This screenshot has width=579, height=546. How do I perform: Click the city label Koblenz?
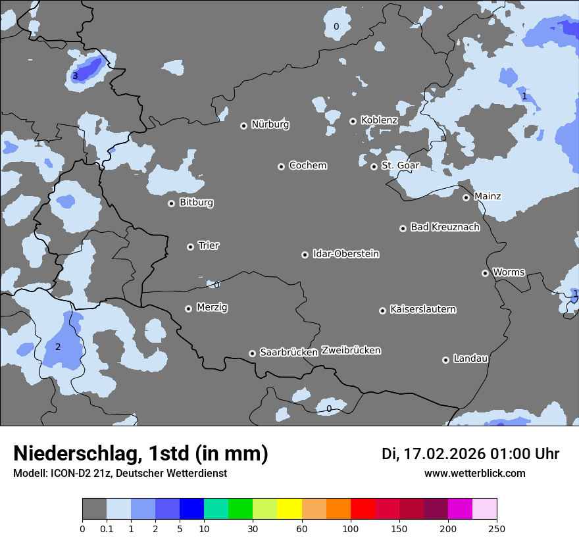pos(379,120)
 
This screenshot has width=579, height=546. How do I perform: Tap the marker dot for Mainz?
pos(466,197)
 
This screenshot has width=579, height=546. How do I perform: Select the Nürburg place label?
pos(270,124)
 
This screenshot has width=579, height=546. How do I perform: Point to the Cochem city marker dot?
pos(281,166)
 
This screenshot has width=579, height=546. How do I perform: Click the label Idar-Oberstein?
pos(345,254)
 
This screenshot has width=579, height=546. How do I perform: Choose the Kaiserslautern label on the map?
pos(422,309)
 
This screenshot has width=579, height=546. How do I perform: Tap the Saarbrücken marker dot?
pos(252,353)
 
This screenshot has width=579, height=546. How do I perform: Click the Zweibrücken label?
pos(351,351)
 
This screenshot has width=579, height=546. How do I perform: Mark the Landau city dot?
pos(445,360)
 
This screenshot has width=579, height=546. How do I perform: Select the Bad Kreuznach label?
pos(445,227)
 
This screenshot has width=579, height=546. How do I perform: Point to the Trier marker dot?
pos(190,247)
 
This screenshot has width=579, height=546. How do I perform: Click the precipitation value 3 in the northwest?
pos(75,76)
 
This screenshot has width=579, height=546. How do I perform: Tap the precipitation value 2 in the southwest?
pos(57,347)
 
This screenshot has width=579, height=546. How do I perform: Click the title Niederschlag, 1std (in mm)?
pos(141,453)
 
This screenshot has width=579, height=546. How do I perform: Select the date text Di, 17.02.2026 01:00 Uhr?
pos(470,454)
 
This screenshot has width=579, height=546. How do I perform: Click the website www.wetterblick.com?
pos(474,473)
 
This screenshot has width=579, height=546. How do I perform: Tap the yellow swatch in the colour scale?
pos(289,509)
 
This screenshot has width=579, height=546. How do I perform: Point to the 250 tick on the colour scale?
pos(497,528)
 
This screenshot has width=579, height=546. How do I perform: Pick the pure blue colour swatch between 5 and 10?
pos(191,509)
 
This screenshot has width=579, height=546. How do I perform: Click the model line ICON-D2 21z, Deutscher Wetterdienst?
pos(120,473)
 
